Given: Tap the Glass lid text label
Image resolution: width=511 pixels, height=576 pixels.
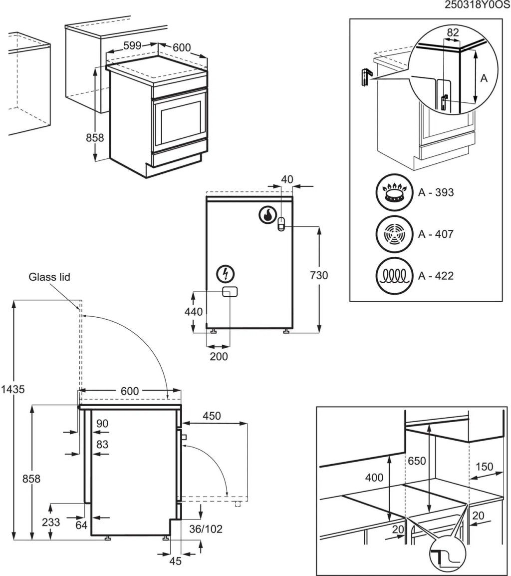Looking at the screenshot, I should [49, 276].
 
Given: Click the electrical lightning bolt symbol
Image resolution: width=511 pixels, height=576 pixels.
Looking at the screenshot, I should [226, 274].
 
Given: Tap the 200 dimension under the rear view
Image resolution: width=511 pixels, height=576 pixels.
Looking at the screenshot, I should [219, 356].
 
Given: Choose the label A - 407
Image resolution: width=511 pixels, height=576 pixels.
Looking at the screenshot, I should [436, 234].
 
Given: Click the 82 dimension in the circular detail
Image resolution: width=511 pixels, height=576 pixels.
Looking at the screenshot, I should [452, 32].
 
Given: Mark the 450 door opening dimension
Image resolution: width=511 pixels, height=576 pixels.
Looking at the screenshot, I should [212, 416].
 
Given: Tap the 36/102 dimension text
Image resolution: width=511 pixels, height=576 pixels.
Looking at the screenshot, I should [206, 529].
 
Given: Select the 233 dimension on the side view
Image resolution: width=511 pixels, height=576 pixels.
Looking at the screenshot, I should [51, 522].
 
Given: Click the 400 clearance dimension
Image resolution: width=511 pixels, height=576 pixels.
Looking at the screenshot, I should [374, 478].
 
